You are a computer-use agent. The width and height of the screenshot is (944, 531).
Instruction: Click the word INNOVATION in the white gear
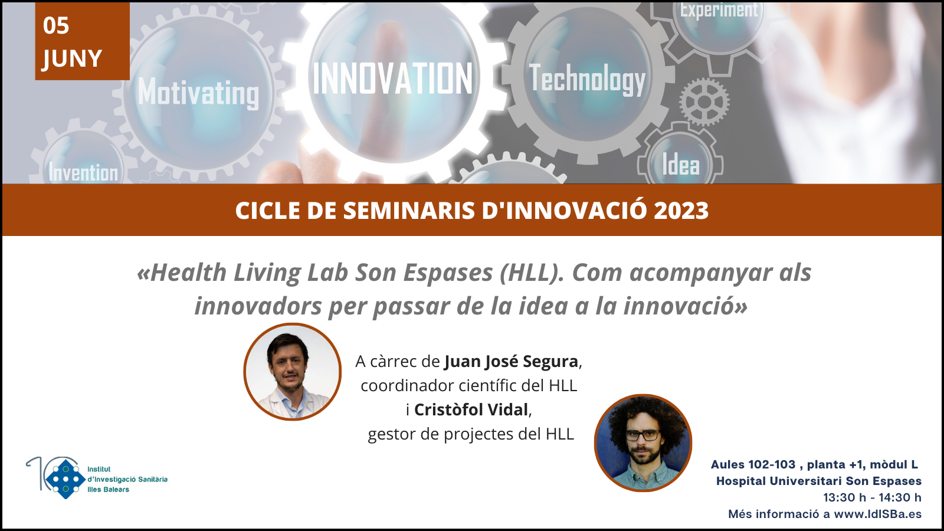point(392,78)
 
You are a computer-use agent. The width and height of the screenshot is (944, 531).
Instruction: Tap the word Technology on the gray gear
point(587,80)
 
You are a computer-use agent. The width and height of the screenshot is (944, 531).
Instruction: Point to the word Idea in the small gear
point(681,165)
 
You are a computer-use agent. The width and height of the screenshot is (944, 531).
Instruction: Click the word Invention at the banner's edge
point(83,172)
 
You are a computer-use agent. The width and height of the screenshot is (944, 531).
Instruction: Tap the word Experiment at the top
point(719,10)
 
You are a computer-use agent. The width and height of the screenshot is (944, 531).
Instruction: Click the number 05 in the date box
point(55,26)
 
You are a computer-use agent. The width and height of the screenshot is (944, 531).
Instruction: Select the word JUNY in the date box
point(72,58)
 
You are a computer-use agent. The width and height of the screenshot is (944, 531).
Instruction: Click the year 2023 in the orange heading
point(681,210)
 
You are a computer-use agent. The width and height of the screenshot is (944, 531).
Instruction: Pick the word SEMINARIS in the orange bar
point(409,210)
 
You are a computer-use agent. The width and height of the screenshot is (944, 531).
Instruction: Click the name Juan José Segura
point(511,361)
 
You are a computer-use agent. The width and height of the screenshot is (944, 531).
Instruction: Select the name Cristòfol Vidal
point(471,409)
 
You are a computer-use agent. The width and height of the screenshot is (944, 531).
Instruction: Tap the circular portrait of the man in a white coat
point(293,372)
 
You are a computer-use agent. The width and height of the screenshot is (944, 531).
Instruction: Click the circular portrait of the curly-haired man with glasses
point(643,442)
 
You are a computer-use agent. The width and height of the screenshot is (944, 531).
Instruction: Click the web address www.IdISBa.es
point(878,514)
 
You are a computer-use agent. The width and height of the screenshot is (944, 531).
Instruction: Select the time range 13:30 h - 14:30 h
point(873,497)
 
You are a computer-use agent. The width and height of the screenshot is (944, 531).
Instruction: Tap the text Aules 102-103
point(753,464)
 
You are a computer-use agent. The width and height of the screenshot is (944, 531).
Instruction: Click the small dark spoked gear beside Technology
point(704,101)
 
